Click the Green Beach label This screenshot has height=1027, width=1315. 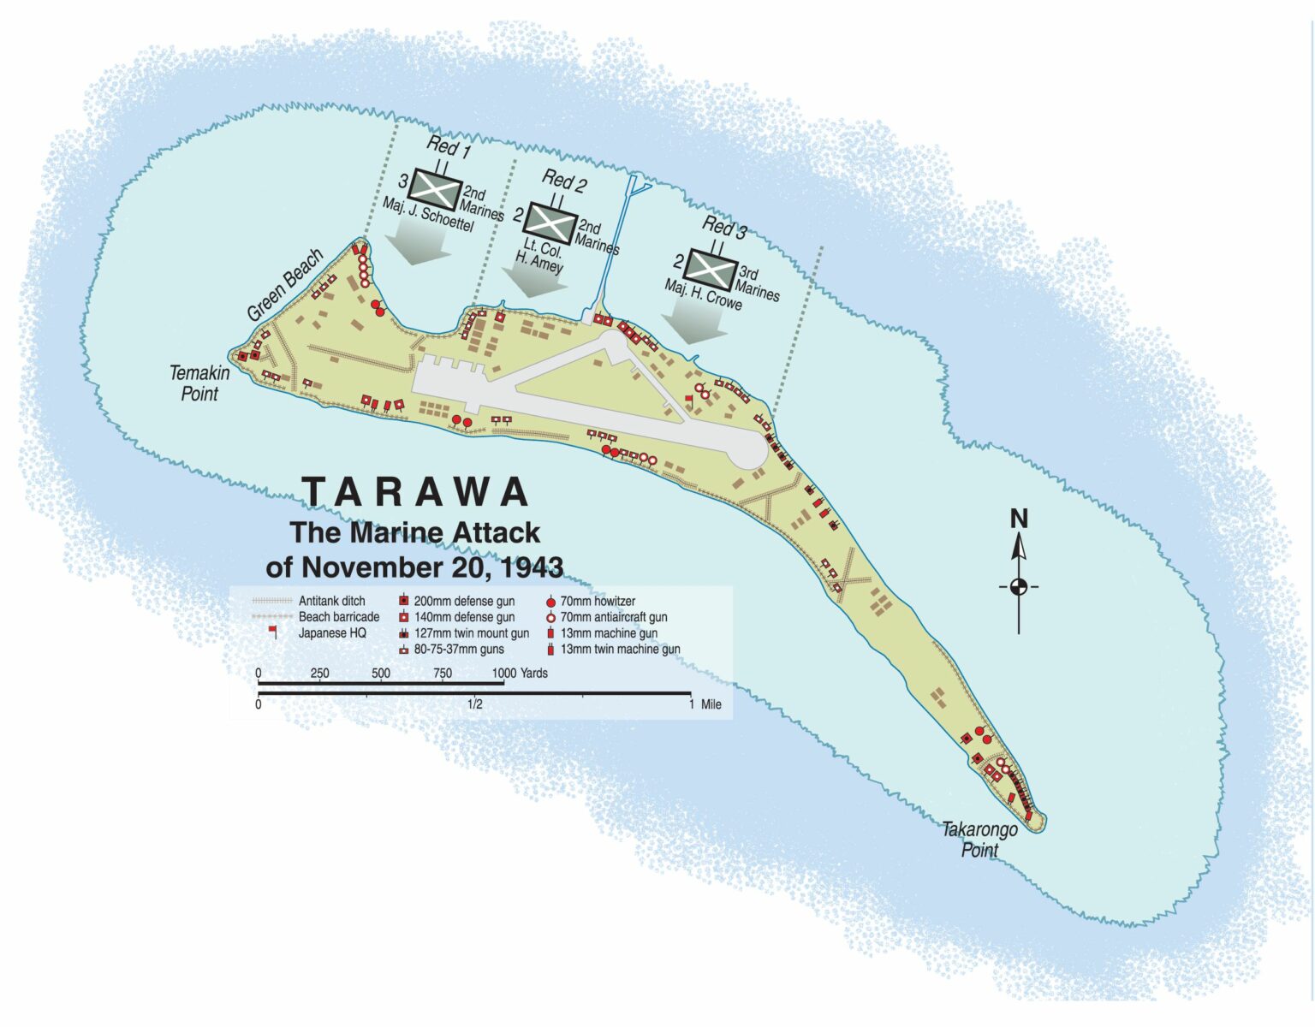click(x=285, y=284)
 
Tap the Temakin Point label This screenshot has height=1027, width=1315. click(x=199, y=383)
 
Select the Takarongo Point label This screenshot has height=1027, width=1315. click(x=979, y=840)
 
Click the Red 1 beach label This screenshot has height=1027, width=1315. click(x=449, y=146)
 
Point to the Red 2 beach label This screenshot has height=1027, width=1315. click(x=564, y=181)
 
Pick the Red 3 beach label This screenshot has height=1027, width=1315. click(x=724, y=227)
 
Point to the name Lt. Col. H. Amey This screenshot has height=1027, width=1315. click(x=540, y=256)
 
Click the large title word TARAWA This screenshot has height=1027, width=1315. click(x=416, y=492)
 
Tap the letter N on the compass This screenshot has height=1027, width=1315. click(x=1018, y=519)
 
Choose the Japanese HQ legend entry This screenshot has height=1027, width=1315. click(x=331, y=633)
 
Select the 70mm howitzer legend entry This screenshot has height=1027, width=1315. click(x=597, y=602)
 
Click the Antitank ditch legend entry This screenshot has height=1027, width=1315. click(x=330, y=602)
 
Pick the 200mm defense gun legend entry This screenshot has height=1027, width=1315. click(x=463, y=602)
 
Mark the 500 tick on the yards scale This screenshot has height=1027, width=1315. click(x=381, y=674)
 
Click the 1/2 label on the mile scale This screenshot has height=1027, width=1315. click(x=474, y=704)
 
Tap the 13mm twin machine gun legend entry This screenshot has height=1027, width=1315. click(x=619, y=650)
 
